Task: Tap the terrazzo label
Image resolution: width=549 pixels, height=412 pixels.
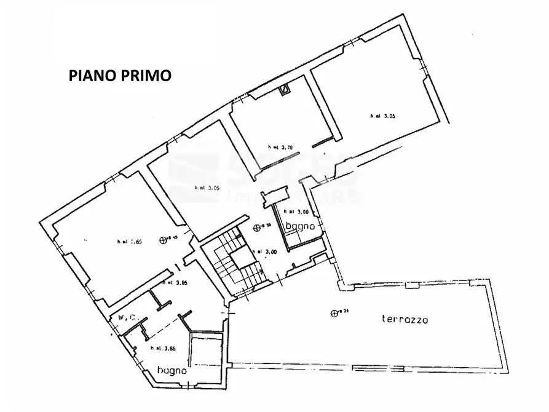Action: (x=405, y=319)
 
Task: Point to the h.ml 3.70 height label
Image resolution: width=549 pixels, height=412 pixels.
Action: (x=280, y=147)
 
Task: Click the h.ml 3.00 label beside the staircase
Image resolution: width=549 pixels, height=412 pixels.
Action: (x=265, y=251)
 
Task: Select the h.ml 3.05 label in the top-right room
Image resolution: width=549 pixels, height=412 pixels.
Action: (x=382, y=116)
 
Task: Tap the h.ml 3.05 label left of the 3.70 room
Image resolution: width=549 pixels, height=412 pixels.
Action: (x=207, y=188)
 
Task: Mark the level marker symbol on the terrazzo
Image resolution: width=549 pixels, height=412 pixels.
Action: (x=334, y=312)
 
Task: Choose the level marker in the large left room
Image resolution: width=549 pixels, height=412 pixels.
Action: (x=163, y=240)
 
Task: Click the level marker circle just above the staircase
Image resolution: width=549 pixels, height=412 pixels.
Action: (x=257, y=228)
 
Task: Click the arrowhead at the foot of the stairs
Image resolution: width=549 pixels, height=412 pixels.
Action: (x=263, y=271)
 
